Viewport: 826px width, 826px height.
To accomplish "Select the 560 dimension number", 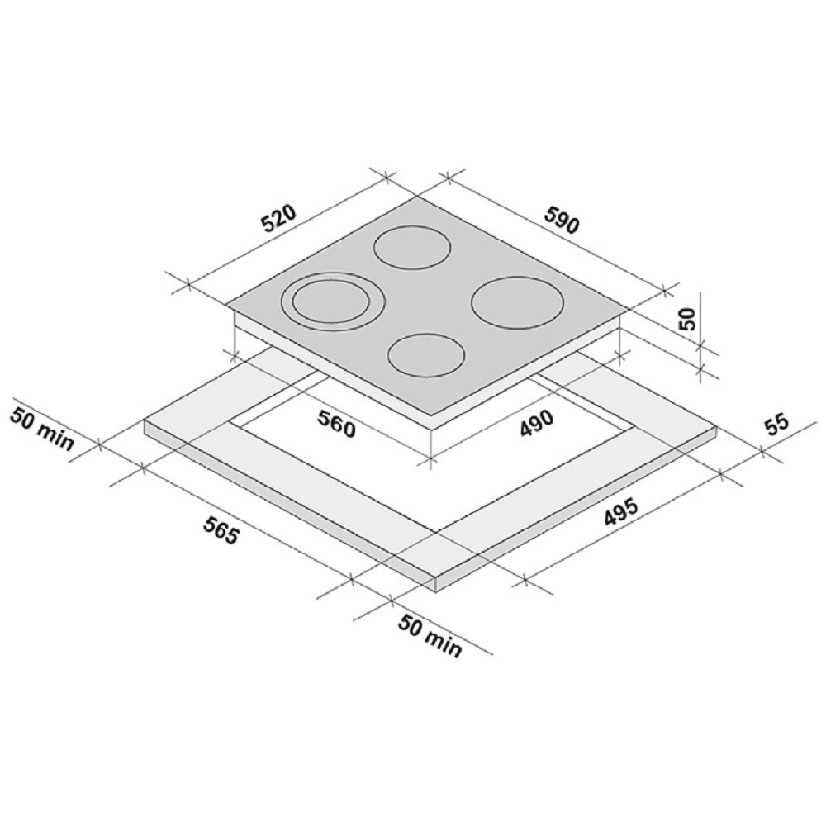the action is click(x=337, y=423).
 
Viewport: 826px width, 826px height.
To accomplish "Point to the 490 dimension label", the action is click(x=536, y=423).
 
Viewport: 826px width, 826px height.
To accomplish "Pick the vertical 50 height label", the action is click(x=687, y=318).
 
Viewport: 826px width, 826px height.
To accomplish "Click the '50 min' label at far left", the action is click(x=42, y=428).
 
